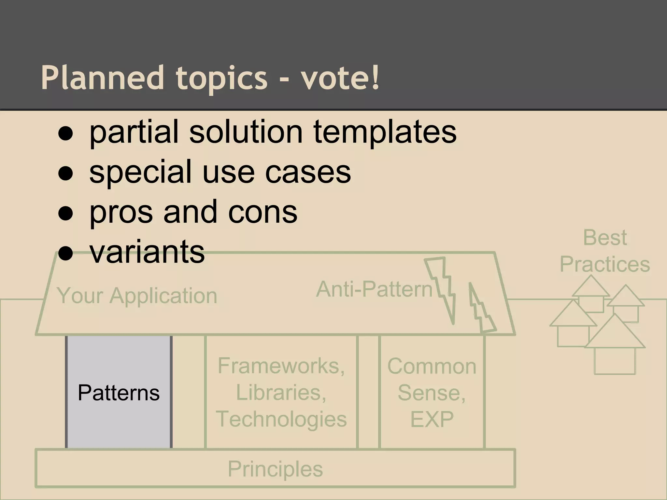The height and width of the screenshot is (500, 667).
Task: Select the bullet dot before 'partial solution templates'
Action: [65, 134]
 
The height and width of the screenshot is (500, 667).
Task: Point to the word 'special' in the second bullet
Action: [140, 173]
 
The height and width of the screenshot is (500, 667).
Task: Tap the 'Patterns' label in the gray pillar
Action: [119, 393]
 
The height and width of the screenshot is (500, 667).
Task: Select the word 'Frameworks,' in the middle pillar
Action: [281, 366]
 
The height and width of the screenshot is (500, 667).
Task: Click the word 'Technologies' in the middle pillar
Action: [281, 419]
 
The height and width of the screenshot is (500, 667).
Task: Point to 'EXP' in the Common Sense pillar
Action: [432, 419]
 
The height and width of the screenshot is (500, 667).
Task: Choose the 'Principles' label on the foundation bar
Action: [275, 469]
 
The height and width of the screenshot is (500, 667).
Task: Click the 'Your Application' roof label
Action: [137, 296]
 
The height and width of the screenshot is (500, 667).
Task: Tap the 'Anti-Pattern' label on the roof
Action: [374, 289]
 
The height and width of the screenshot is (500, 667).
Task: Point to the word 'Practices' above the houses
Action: [605, 264]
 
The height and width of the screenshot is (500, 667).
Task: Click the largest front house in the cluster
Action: [615, 348]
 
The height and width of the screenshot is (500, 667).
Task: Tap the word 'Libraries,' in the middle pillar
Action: [281, 393]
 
